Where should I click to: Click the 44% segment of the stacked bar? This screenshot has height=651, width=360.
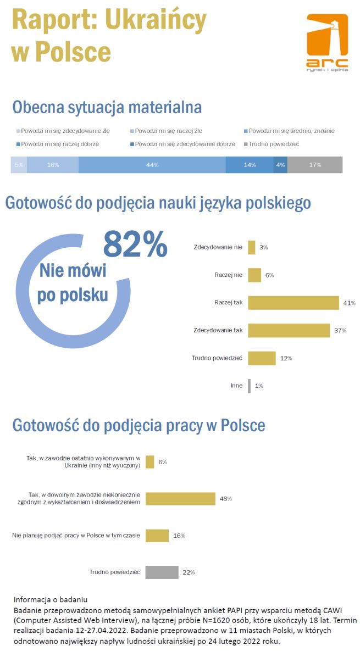tap(152, 165)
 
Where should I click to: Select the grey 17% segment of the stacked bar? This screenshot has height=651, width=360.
tap(315, 165)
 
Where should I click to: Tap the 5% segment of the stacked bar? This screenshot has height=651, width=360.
tap(19, 165)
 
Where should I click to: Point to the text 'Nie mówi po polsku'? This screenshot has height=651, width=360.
tap(73, 283)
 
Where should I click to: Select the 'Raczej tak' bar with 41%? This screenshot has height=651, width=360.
tap(293, 303)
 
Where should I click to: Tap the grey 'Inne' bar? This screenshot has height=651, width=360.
tap(250, 386)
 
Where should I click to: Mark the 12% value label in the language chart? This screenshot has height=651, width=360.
tap(286, 358)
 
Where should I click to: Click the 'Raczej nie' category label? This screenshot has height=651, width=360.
tap(228, 275)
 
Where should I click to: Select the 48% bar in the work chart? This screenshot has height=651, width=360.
tap(180, 499)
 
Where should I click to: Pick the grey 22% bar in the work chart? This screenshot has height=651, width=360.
tap(162, 572)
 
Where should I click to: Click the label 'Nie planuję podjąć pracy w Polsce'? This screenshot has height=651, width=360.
tap(76, 535)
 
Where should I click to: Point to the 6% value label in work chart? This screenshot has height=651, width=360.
tap(163, 462)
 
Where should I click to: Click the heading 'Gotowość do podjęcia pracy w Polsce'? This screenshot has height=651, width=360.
tap(139, 425)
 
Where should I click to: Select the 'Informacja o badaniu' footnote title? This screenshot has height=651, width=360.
tap(51, 599)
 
